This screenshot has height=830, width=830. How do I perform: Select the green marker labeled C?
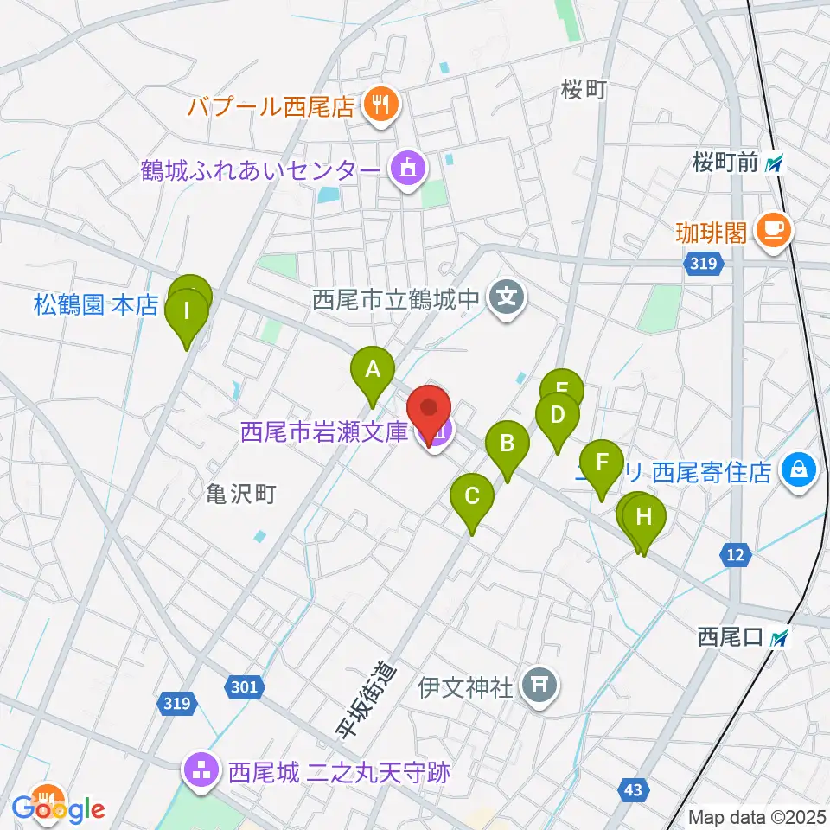472,497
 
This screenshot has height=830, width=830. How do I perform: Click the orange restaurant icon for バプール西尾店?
379,107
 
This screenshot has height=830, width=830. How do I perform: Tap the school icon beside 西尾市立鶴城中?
506,300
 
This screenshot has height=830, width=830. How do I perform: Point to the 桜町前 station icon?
776,163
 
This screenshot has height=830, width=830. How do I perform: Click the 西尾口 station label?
729,638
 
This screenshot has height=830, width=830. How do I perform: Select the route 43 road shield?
632,788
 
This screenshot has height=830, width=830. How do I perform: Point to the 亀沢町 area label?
241,495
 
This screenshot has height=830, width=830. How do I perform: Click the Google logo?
59,809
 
